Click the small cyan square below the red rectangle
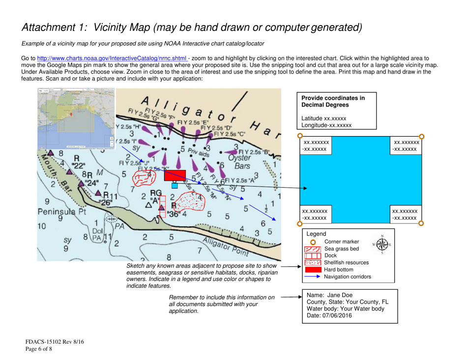[x=175, y=186]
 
